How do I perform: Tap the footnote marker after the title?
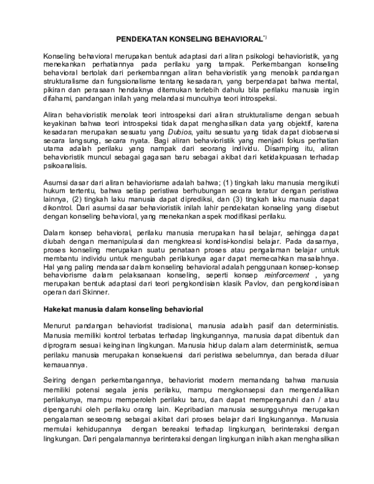(x=264, y=37)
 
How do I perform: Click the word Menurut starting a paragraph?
(x=59, y=326)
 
